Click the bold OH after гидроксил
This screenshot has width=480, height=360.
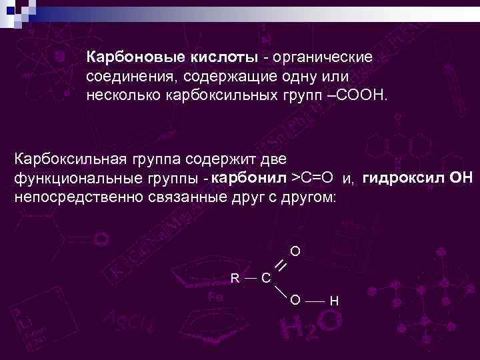click(461, 178)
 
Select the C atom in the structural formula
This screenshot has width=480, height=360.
click(266, 277)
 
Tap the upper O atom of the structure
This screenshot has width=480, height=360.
click(295, 252)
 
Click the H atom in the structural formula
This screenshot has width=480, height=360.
click(334, 301)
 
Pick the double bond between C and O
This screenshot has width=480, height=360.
click(281, 265)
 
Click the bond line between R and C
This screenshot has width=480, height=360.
click(251, 276)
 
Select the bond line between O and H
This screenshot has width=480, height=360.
click(315, 301)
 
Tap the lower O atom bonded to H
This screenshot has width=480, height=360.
click(295, 300)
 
